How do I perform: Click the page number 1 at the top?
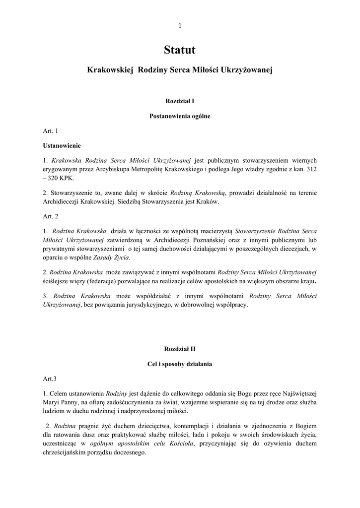pyautogui.click(x=180, y=26)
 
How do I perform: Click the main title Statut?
pyautogui.click(x=180, y=50)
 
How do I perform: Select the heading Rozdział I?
pyautogui.click(x=180, y=100)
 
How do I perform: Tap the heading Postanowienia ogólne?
pyautogui.click(x=180, y=116)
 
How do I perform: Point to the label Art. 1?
pyautogui.click(x=51, y=131)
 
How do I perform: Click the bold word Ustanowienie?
pyautogui.click(x=62, y=146)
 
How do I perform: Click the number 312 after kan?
pyautogui.click(x=311, y=169)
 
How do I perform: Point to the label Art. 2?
pyautogui.click(x=51, y=216)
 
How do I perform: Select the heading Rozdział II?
pyautogui.click(x=180, y=348)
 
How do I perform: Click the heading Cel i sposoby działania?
pyautogui.click(x=180, y=364)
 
